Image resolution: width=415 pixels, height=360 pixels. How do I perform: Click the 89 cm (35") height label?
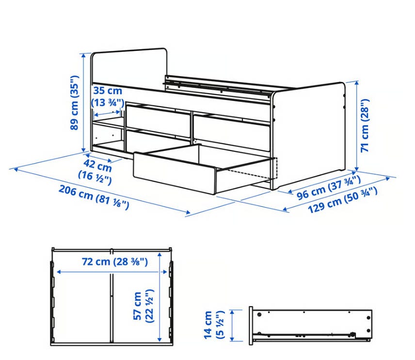coord(74,103)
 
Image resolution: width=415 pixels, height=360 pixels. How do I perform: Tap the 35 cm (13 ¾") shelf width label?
coord(108,97)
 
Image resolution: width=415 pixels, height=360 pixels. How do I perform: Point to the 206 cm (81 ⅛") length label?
coord(94,197)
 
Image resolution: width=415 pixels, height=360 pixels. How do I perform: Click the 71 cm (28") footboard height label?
coord(365,126)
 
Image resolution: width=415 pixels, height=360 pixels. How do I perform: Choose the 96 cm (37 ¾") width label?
coord(328,188)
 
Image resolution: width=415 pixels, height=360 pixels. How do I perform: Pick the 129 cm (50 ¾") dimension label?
coord(342,200)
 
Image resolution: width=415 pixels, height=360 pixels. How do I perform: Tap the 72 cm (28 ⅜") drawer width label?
coord(114,262)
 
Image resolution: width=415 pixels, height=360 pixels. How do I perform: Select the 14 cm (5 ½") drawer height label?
coord(214,325)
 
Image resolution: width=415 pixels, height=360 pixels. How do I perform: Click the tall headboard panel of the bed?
coord(129,69)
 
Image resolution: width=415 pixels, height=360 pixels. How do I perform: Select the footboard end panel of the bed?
coord(308,135)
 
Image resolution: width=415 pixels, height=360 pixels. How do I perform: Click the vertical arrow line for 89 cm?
coord(84,102)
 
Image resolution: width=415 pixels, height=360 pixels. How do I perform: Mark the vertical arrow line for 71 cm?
coord(356,126)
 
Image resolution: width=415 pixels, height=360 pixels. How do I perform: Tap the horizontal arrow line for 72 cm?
coord(112,272)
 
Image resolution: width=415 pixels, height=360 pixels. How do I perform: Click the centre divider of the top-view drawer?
coord(112,297)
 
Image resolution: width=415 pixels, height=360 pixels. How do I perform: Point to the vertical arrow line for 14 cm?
coord(232,326)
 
